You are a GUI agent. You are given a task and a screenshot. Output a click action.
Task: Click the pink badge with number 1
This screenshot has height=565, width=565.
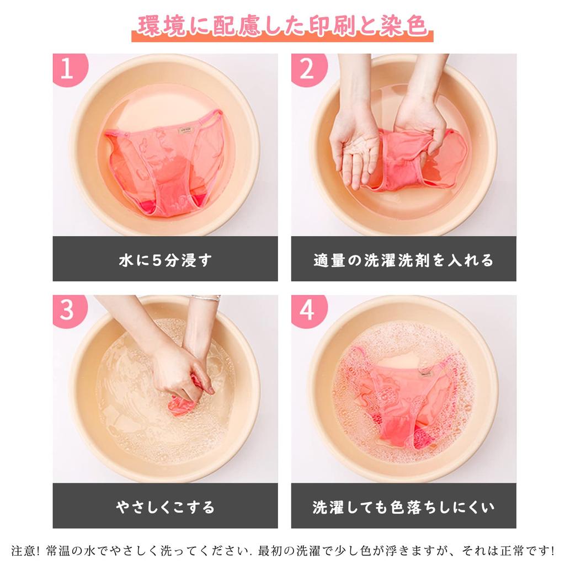tap(68, 68)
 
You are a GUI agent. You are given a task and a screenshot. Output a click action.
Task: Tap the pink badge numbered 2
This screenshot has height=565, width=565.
tap(307, 68)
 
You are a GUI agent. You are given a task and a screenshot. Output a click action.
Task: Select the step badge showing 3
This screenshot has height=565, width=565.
tap(68, 310)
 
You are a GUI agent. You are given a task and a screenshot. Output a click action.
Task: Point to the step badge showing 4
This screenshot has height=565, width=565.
tap(307, 310)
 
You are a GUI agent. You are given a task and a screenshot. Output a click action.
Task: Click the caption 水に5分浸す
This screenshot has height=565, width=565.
tap(166, 260)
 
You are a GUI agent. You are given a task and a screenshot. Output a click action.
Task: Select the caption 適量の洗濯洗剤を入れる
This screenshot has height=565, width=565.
tap(403, 260)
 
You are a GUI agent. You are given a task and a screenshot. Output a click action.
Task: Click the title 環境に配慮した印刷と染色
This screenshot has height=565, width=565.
tap(282, 25)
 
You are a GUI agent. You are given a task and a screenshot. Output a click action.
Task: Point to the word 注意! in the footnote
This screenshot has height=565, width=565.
tap(25, 550)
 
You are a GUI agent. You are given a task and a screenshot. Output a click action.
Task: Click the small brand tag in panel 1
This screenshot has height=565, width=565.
tap(186, 130)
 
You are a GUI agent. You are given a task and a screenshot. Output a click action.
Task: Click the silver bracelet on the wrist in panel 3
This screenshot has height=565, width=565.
tap(205, 298)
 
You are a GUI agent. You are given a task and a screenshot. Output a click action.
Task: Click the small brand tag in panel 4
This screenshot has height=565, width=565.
tap(425, 372)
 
